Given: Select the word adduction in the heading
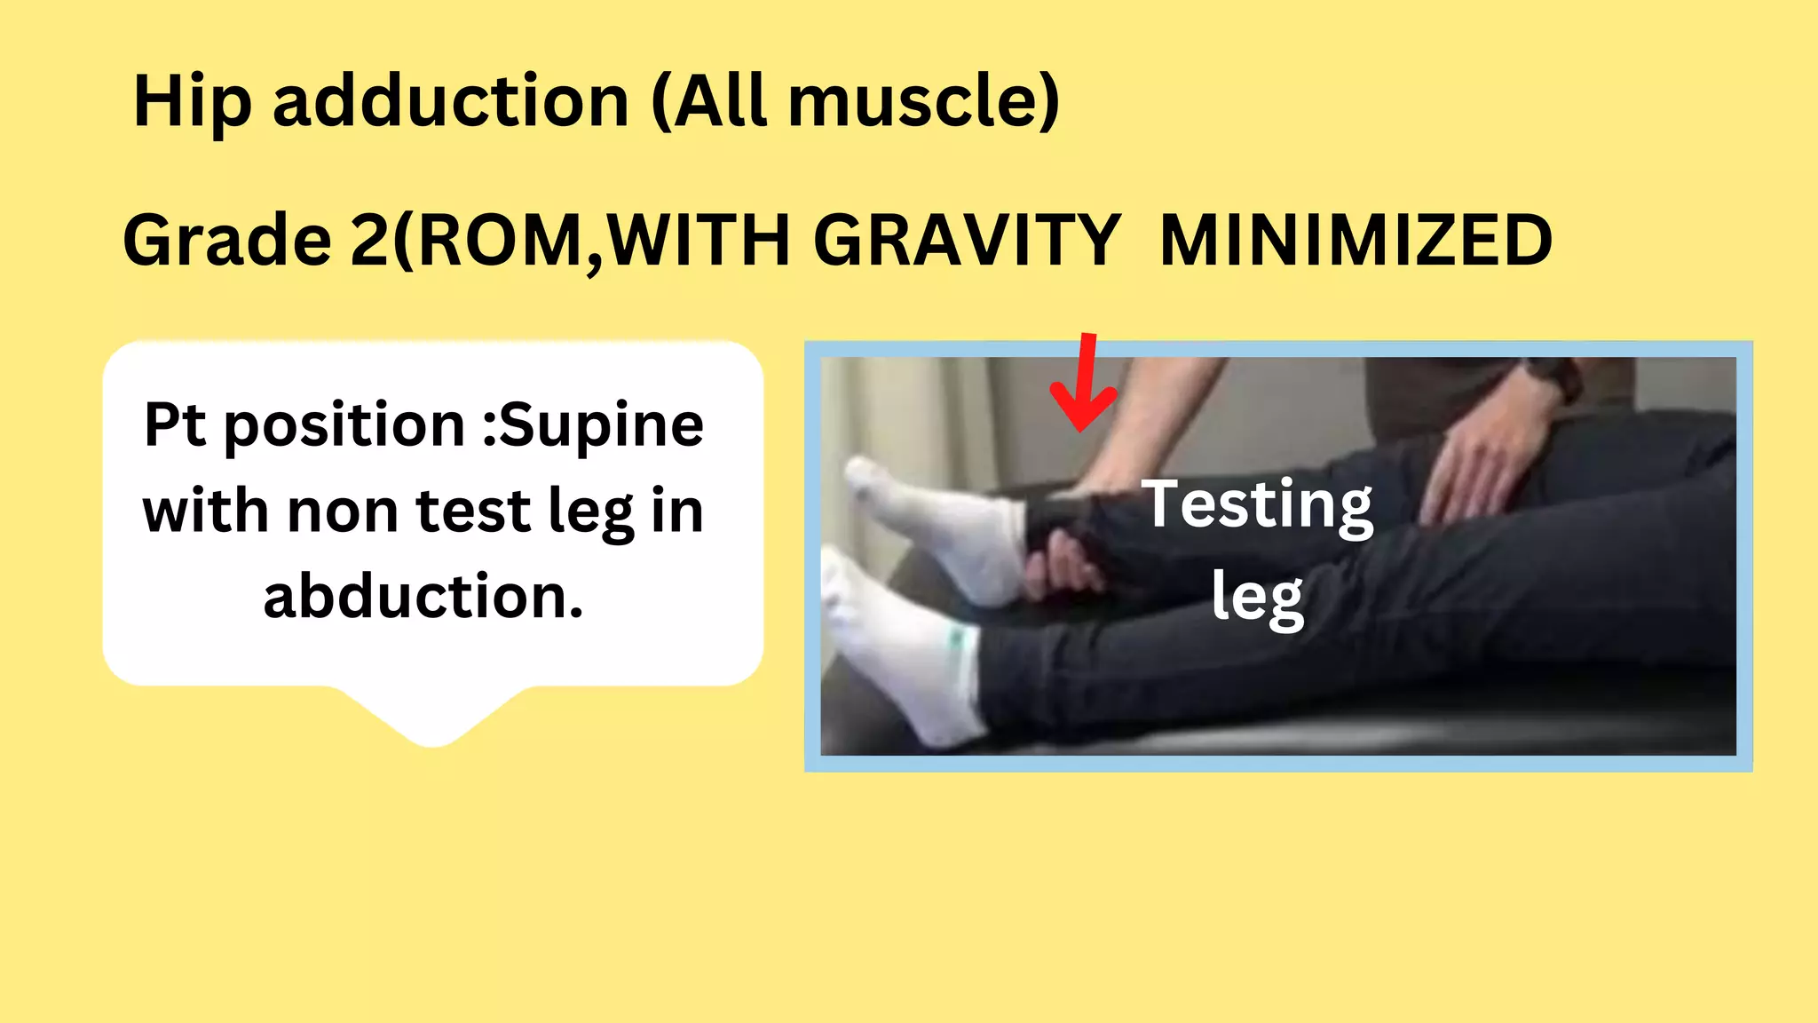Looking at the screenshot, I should tap(451, 101).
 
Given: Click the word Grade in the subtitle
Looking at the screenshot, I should tap(227, 242).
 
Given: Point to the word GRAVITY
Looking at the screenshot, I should tap(967, 242).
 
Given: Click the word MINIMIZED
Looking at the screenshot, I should tap(1356, 242).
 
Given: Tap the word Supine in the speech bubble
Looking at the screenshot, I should tap(602, 426).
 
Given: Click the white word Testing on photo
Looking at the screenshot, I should tap(1257, 504).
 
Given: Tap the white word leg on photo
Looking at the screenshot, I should tap(1257, 597).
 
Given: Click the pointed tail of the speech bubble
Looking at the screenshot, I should tap(433, 728).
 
